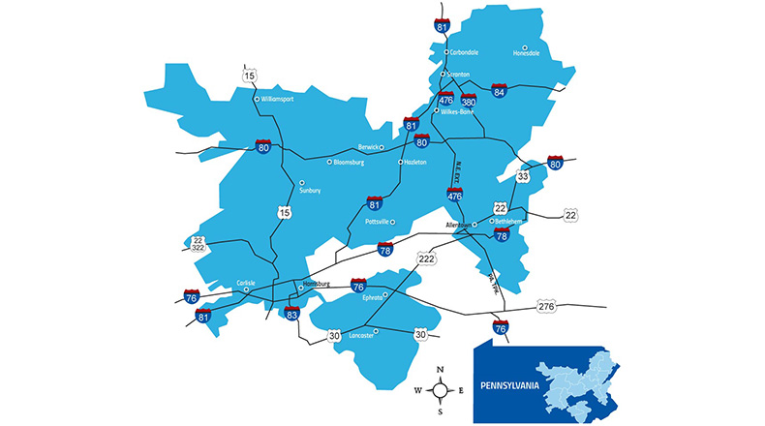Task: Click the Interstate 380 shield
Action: [469, 102]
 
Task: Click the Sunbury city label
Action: [310, 190]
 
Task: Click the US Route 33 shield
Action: [524, 177]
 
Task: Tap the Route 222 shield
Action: [426, 259]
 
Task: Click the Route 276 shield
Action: [547, 307]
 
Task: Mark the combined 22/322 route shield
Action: [199, 245]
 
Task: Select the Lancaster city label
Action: [360, 335]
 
